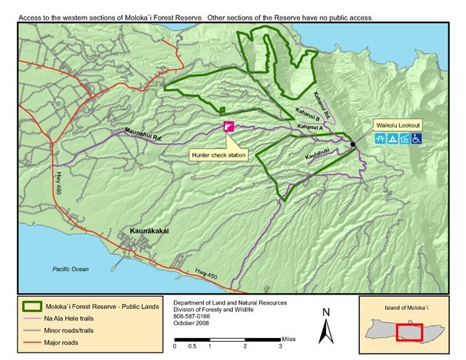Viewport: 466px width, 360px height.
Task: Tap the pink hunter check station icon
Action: (228, 127)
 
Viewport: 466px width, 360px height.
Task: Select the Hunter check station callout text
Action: (214, 154)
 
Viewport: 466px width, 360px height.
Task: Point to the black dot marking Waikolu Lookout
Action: (353, 144)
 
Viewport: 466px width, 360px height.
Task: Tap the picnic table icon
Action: (379, 137)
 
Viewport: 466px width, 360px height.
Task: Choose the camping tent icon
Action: (391, 137)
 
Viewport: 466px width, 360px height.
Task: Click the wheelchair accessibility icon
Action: (415, 137)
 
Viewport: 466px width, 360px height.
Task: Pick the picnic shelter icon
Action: (403, 137)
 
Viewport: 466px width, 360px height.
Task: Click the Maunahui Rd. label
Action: (133, 132)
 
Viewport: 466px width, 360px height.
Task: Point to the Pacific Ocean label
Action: (71, 269)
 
